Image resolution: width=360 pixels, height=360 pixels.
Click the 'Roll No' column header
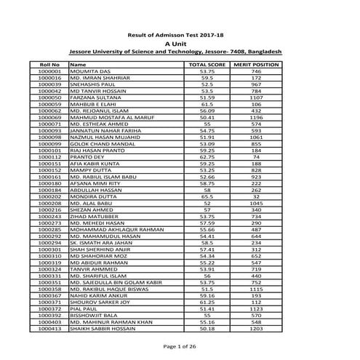[49, 65]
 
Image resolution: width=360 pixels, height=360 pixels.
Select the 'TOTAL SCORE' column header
[207, 65]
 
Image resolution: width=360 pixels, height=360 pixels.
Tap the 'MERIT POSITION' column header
[256, 65]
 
